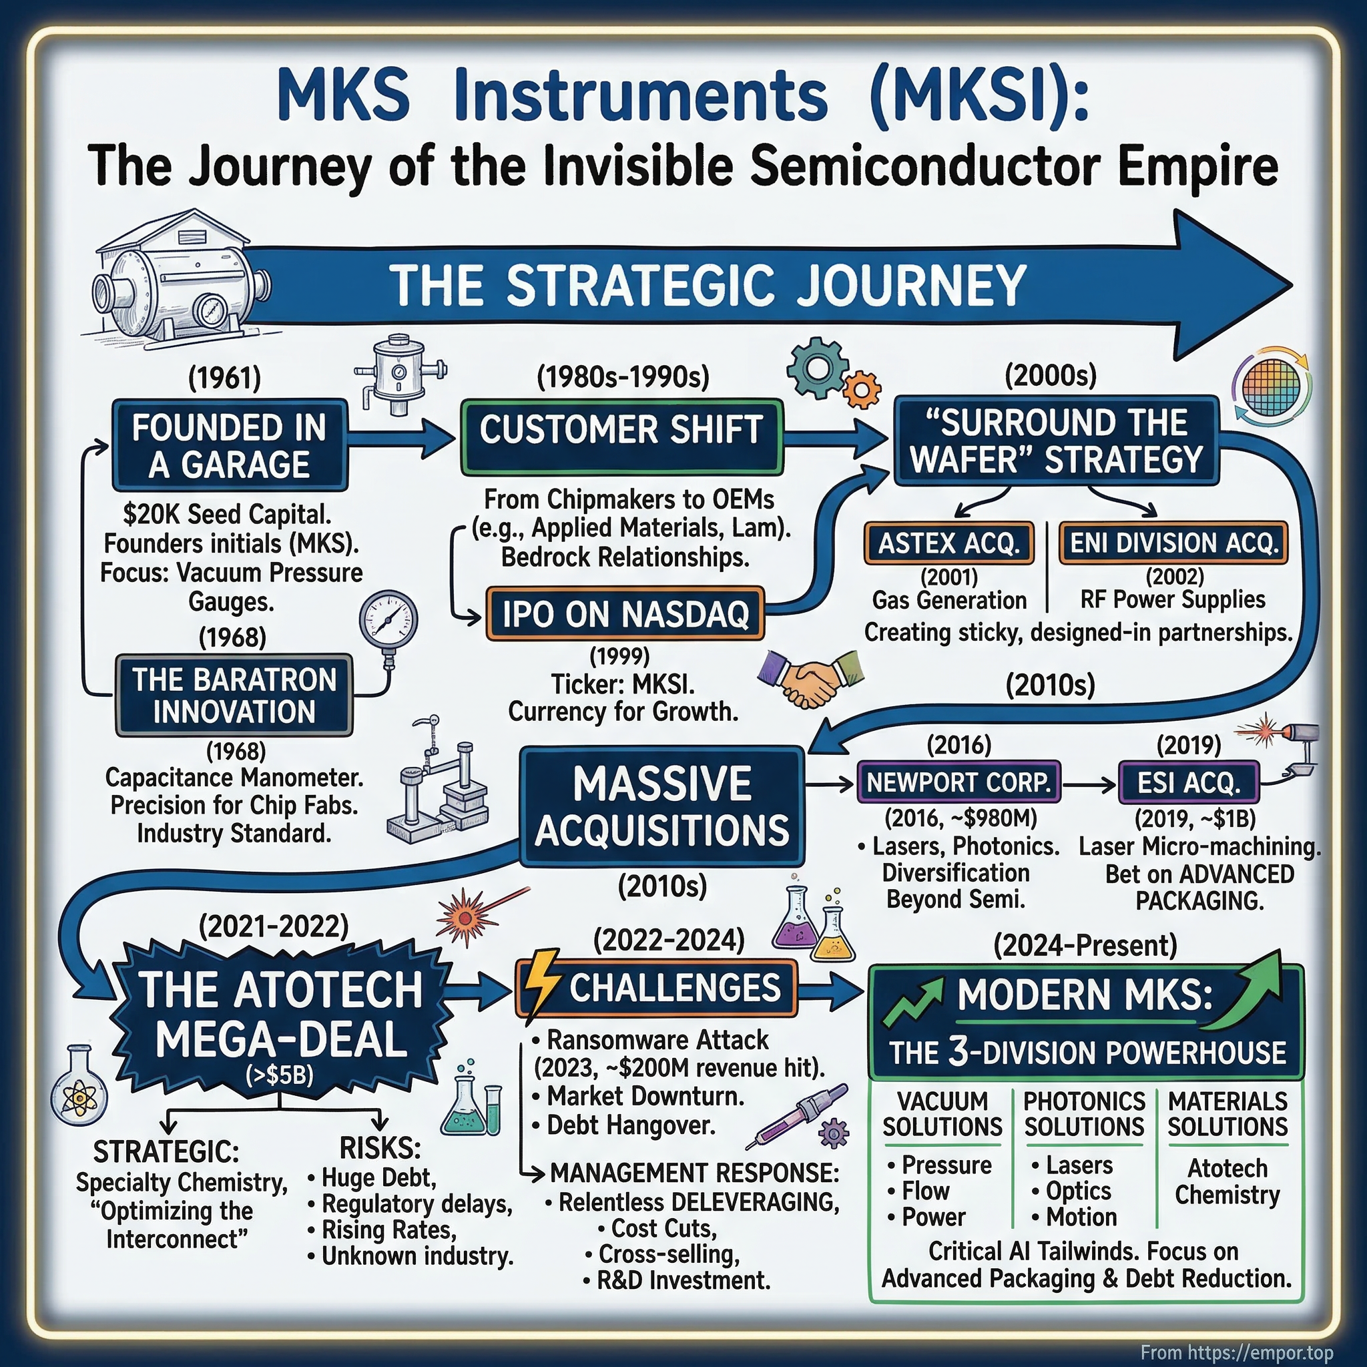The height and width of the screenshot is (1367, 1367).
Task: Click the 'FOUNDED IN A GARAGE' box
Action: pyautogui.click(x=229, y=445)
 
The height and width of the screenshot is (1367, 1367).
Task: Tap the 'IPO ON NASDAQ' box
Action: pyautogui.click(x=625, y=613)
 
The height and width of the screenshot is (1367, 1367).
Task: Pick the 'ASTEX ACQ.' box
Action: pyautogui.click(x=948, y=543)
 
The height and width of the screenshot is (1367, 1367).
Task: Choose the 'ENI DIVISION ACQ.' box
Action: pyautogui.click(x=1173, y=543)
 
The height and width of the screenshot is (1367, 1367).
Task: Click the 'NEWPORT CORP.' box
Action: pyautogui.click(x=958, y=782)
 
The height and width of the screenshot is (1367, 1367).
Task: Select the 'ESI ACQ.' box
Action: pyautogui.click(x=1188, y=782)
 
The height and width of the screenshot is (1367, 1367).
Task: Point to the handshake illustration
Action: pyautogui.click(x=810, y=675)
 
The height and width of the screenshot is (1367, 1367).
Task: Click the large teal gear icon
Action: pyautogui.click(x=818, y=367)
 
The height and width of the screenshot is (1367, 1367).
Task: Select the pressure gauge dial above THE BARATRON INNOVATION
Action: pyautogui.click(x=388, y=620)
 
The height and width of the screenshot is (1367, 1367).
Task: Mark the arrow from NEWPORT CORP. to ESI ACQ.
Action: pyautogui.click(x=1089, y=784)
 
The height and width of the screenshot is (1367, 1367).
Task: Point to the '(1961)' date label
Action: pyautogui.click(x=224, y=378)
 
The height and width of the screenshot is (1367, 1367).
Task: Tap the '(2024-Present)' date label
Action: pyautogui.click(x=1085, y=945)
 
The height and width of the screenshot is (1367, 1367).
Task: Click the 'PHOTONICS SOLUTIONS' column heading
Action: pyautogui.click(x=1084, y=1115)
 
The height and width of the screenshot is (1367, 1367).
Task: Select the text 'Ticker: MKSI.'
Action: pyautogui.click(x=623, y=684)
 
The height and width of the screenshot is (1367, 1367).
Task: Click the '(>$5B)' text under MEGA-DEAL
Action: pyautogui.click(x=280, y=1075)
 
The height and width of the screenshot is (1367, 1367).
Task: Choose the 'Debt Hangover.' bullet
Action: pyautogui.click(x=631, y=1125)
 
